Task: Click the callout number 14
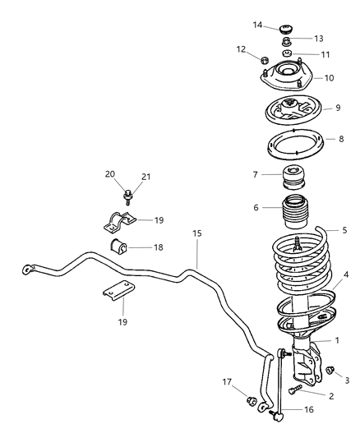point(257,25)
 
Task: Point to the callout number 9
point(327,108)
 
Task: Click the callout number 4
point(346,275)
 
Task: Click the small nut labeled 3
point(330,371)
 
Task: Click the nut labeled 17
point(253,402)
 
